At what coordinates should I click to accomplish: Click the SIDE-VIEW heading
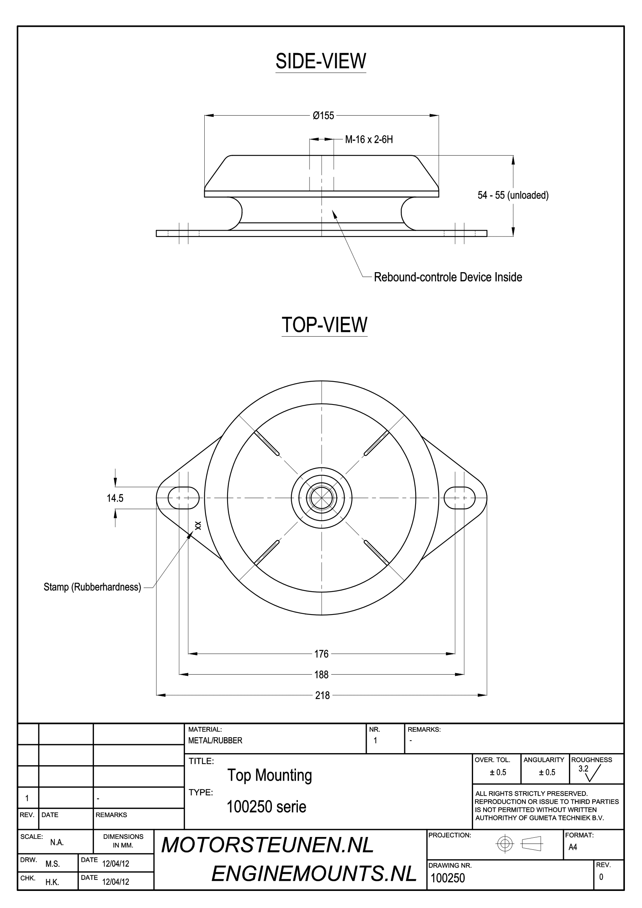pos(321,61)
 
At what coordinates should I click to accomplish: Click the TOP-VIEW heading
pos(324,325)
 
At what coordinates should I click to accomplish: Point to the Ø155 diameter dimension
pos(323,115)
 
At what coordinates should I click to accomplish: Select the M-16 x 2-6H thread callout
pos(369,140)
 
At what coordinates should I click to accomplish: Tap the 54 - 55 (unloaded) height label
pos(513,195)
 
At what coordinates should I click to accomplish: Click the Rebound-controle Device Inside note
pos(448,277)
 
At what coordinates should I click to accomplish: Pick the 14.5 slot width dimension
pos(115,498)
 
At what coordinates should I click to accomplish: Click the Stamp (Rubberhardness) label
pos(92,587)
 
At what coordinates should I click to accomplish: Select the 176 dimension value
pos(321,654)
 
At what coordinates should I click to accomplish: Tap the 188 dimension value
pos(321,675)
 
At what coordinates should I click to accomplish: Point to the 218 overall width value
pos(322,695)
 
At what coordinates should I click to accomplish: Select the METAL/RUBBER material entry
pos(215,741)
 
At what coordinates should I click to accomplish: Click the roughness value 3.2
pos(583,769)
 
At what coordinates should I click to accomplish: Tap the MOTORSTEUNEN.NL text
pos(267,845)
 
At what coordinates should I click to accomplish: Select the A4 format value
pos(573,847)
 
